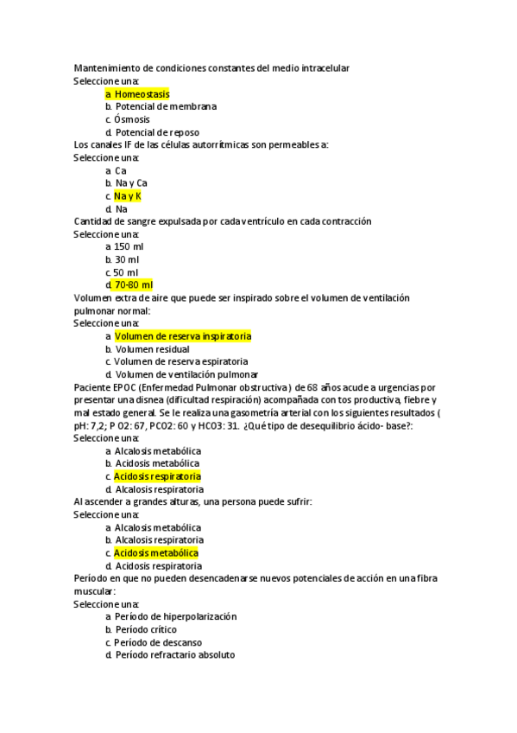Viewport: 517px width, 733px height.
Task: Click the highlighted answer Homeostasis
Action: point(142,94)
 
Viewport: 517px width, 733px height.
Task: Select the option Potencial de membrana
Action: point(166,106)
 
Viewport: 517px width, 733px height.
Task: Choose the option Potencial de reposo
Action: point(157,132)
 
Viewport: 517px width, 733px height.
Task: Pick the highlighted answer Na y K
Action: point(128,196)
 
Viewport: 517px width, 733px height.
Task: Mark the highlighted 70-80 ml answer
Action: point(133,285)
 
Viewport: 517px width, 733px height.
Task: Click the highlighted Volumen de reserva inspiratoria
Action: point(183,336)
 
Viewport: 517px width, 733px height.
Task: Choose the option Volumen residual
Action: point(152,349)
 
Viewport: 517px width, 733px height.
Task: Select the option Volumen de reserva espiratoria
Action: point(181,361)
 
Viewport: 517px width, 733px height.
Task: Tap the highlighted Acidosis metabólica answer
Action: point(156,553)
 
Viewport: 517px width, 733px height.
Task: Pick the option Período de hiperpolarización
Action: point(175,617)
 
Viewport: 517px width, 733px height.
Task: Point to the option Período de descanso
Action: point(158,643)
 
